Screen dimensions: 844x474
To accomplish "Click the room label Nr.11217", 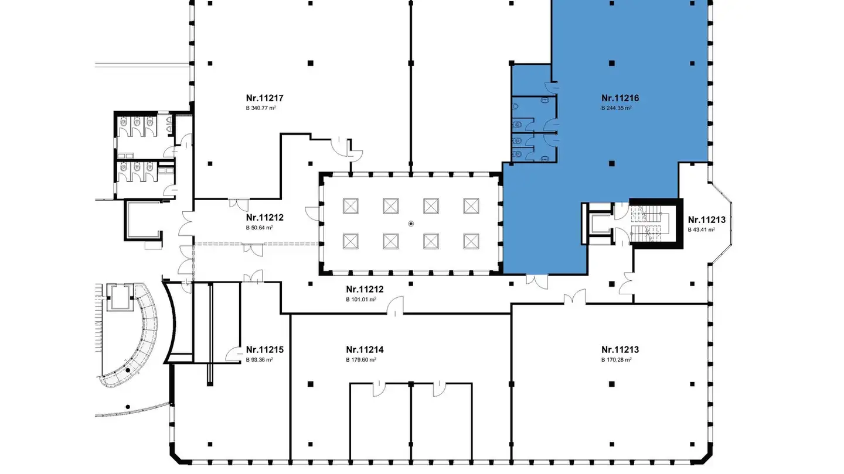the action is click(264, 98).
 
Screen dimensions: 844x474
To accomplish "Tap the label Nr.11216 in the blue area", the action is click(620, 98).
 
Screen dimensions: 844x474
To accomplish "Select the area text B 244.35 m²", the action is click(617, 108).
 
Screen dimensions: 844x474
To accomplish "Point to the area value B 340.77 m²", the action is click(261, 108).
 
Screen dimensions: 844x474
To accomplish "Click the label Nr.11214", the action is click(365, 350).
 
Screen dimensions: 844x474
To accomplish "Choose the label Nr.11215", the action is click(264, 350).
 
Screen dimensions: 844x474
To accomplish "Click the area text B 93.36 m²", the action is click(259, 360).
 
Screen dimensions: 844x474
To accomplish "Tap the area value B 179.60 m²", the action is click(361, 360).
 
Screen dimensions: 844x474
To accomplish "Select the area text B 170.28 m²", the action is click(617, 360).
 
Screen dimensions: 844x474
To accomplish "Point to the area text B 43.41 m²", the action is click(702, 229).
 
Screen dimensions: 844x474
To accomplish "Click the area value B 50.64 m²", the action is click(259, 228).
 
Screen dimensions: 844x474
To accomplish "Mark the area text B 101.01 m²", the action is click(361, 300).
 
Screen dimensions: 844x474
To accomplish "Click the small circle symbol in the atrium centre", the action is click(411, 224).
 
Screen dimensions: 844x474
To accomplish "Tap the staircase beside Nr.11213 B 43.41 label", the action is click(646, 226).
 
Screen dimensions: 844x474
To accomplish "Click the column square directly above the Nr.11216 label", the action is click(612, 63).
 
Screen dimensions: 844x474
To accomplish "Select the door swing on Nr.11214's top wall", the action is click(396, 306).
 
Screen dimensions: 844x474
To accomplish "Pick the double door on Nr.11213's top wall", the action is click(575, 297).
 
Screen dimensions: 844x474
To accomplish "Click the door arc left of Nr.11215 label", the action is click(234, 354).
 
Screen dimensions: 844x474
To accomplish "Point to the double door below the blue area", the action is click(537, 281).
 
